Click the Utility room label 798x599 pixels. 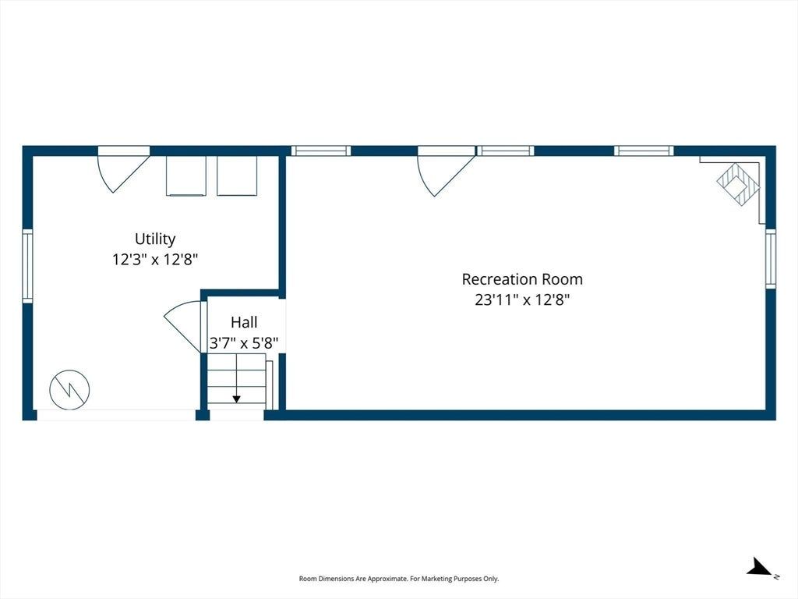(155, 239)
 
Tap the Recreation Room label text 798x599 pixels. (522, 279)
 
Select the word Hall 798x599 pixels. (244, 322)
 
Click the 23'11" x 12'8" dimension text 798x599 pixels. (522, 299)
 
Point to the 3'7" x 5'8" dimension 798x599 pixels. (244, 343)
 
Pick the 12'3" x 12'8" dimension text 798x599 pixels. (155, 259)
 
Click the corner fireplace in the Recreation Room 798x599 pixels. (738, 184)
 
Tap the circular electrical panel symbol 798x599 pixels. (69, 390)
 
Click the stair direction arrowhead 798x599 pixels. (237, 399)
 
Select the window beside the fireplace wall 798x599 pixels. (771, 259)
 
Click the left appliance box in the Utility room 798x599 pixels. (186, 175)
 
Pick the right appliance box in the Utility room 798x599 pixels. (237, 175)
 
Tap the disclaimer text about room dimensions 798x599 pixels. (399, 579)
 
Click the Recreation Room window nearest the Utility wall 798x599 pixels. (320, 151)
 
